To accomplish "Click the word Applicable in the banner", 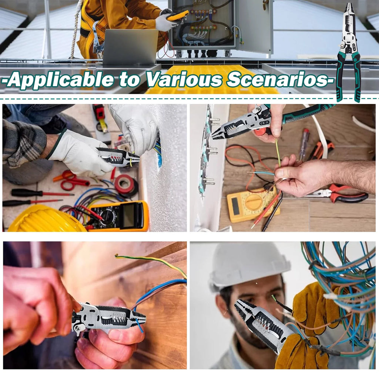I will click(61, 80).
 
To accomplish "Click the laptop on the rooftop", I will click(130, 47).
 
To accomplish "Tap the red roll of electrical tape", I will click(125, 185).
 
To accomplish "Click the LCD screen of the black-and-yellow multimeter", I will click(129, 216).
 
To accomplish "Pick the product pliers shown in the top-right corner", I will click(348, 52).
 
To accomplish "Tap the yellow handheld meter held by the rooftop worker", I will click(177, 16).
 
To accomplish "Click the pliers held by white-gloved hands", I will click(118, 157).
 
